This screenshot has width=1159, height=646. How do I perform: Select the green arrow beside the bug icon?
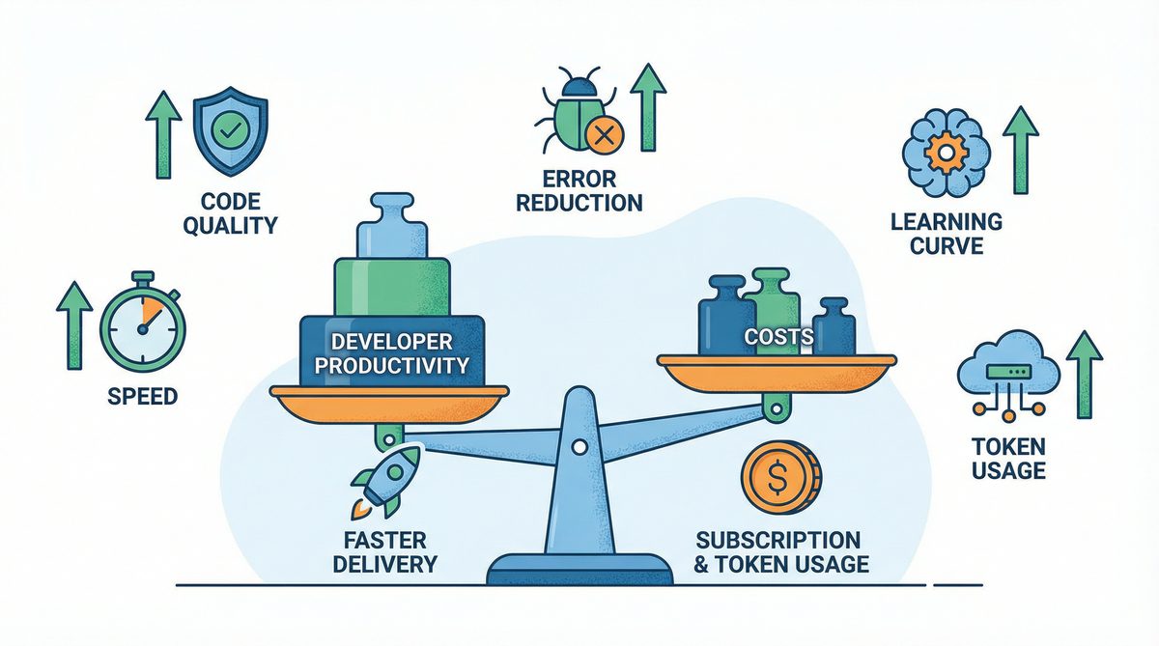[x=649, y=106]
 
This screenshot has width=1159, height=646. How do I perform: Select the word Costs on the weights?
[x=778, y=338]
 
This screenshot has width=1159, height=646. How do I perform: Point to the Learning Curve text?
[x=947, y=233]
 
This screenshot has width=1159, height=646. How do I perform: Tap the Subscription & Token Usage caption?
[x=777, y=551]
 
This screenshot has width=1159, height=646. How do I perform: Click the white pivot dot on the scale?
[x=578, y=446]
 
